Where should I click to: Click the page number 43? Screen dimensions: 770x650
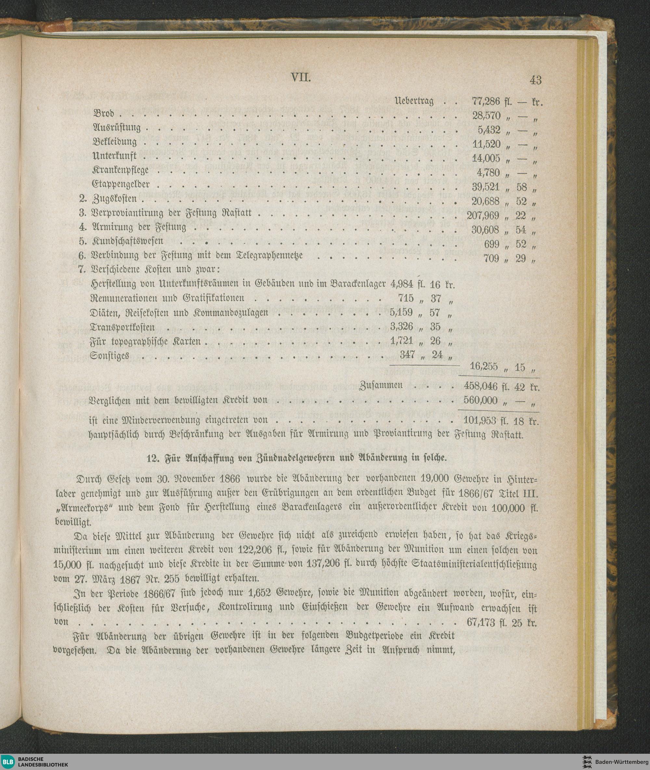535,80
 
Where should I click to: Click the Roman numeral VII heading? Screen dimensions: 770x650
301,78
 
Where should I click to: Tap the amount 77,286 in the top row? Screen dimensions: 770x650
486,101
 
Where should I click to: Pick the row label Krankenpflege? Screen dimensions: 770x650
121,170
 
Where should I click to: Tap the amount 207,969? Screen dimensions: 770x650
484,215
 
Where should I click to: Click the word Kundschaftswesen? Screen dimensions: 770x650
127,242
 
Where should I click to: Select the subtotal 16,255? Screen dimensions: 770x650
485,367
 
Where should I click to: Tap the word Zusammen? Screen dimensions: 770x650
381,386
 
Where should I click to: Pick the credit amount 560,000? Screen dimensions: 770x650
481,401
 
